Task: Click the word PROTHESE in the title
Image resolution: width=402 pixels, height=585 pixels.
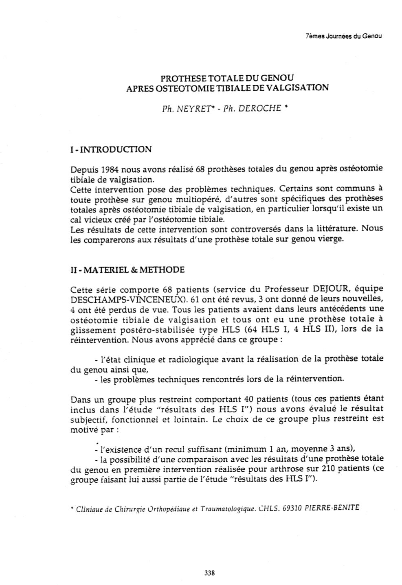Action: coord(180,77)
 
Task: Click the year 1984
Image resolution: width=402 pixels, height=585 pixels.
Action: coord(110,169)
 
